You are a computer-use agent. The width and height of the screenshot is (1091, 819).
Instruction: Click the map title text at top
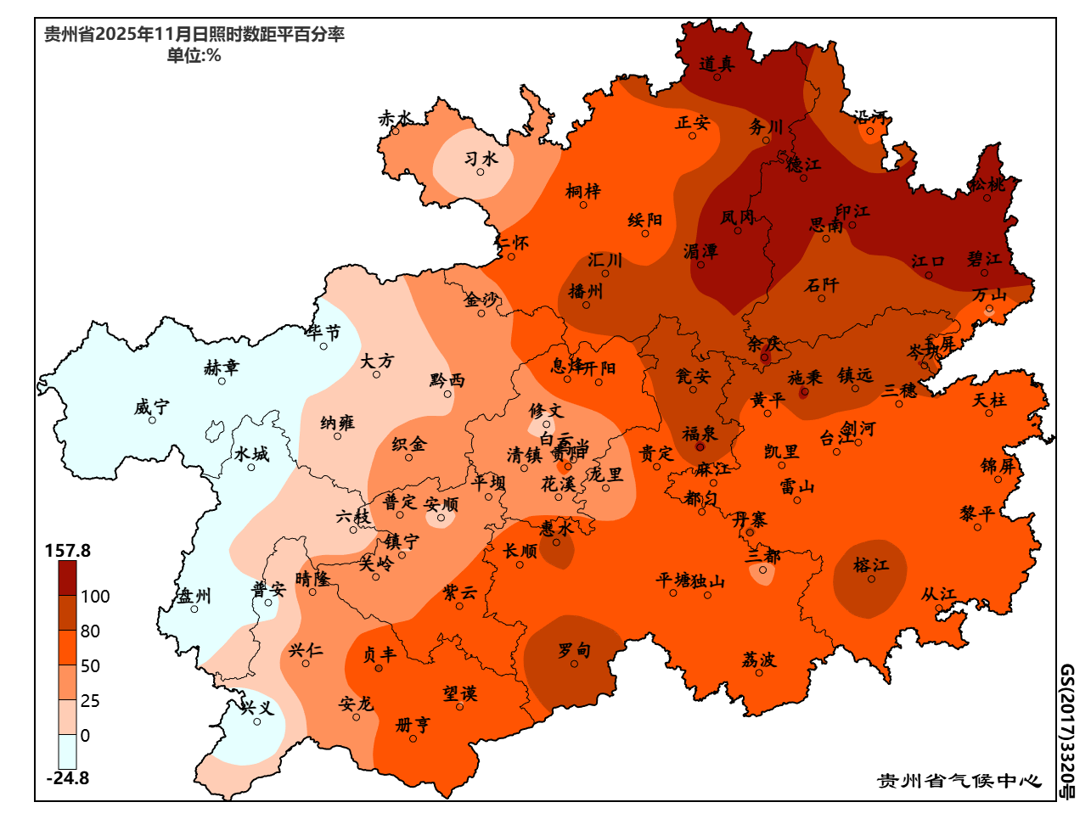(x=194, y=35)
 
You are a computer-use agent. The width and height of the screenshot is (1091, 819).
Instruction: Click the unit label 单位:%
(x=194, y=56)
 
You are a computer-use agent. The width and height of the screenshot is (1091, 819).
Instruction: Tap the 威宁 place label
(x=151, y=407)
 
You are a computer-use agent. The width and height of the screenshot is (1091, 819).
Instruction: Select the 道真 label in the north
(x=717, y=64)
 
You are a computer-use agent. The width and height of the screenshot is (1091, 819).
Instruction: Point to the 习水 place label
(x=481, y=159)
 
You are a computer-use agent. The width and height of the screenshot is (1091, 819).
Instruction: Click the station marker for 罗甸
(x=574, y=664)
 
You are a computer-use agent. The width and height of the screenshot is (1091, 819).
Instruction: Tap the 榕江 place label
(x=870, y=565)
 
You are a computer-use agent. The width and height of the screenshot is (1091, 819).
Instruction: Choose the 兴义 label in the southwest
(x=256, y=708)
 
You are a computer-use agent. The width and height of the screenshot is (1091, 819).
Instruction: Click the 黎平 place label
(x=977, y=513)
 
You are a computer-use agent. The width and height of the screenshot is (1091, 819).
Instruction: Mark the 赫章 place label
(x=222, y=367)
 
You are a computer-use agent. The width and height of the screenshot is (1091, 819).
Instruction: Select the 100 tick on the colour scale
(x=95, y=597)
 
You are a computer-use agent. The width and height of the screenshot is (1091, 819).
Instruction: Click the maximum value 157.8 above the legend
(x=68, y=551)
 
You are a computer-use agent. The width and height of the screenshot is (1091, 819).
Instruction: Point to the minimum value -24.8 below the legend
(x=68, y=778)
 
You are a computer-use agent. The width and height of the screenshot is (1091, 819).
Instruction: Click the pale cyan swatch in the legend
(x=67, y=752)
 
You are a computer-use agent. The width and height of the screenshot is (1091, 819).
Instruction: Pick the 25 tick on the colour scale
(x=90, y=701)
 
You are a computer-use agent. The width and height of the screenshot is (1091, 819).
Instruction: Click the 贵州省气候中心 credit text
(x=959, y=781)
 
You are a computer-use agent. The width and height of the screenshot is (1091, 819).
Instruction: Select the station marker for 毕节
(x=323, y=346)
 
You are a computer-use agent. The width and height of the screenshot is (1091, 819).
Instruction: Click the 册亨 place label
(x=413, y=725)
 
